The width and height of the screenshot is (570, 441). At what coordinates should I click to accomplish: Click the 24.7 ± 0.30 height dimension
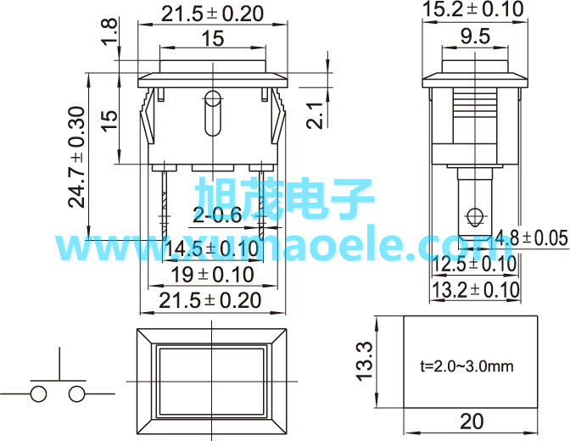76,157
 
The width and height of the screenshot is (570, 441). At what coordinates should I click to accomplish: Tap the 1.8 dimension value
109,31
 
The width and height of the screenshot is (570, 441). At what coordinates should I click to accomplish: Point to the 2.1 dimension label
314,115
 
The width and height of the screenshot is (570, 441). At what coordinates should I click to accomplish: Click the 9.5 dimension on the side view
475,36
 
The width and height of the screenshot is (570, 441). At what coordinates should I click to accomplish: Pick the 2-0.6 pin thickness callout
217,215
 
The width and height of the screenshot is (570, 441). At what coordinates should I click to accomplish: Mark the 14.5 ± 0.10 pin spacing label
211,249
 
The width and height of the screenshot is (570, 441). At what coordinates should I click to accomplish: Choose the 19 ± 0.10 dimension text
212,275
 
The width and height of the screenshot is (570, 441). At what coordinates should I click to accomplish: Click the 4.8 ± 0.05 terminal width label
532,238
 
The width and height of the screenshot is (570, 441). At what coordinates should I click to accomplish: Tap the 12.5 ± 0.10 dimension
474,264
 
